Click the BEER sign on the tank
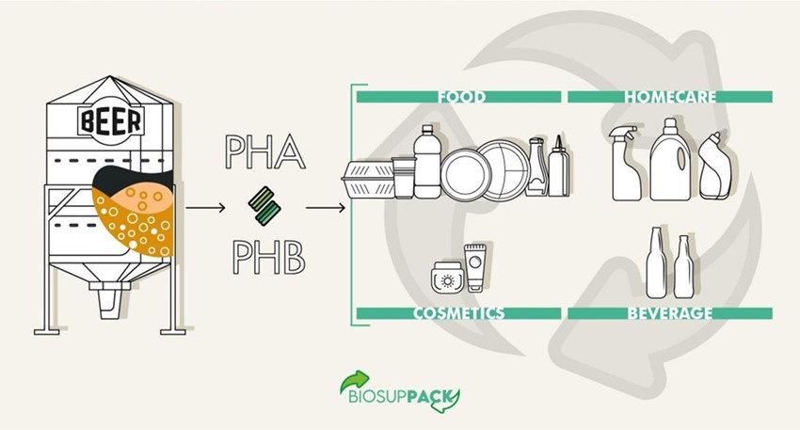click(x=111, y=121)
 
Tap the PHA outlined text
click(x=265, y=152)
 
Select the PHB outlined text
click(x=269, y=258)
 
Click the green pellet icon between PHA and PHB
click(x=264, y=206)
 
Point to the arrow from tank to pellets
click(x=205, y=208)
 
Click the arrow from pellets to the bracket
click(x=326, y=208)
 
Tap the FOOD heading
click(x=462, y=97)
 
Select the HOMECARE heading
click(x=670, y=97)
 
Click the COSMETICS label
click(x=458, y=313)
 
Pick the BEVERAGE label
click(x=670, y=313)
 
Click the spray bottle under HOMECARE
click(x=626, y=163)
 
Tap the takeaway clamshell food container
click(x=368, y=179)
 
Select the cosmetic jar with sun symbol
click(x=447, y=278)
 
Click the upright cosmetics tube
click(x=474, y=268)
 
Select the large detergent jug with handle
click(x=670, y=160)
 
